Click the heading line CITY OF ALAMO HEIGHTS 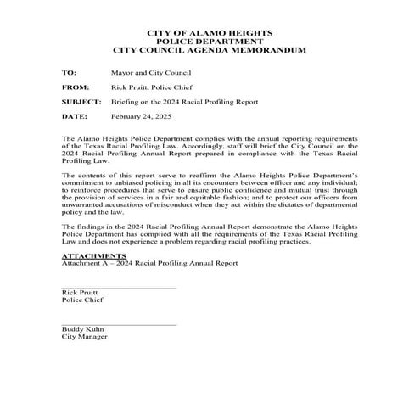point(210,33)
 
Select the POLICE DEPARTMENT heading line point(210,42)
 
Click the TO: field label point(69,73)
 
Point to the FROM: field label point(76,87)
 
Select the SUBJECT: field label point(81,101)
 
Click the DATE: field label point(75,115)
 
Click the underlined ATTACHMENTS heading point(94,255)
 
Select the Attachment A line point(149,263)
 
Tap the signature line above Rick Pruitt point(119,288)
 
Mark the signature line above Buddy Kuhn point(119,324)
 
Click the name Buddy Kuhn point(81,329)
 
